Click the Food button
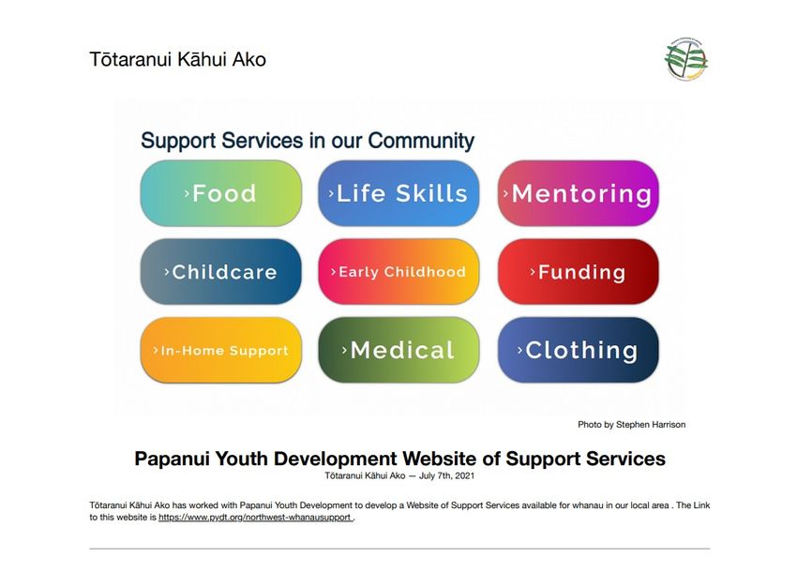(x=220, y=193)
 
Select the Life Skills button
(x=398, y=193)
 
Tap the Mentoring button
(x=578, y=193)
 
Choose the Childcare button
(x=220, y=272)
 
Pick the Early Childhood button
(x=398, y=272)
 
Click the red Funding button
(x=578, y=272)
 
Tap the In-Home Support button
(x=220, y=350)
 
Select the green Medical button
(x=398, y=350)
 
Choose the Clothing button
(x=578, y=350)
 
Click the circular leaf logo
(x=686, y=59)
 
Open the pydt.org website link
(x=255, y=518)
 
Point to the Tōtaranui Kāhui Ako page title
(x=178, y=59)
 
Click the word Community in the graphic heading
(x=421, y=141)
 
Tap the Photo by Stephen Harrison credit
(x=631, y=425)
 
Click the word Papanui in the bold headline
(x=172, y=459)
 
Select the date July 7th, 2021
(x=446, y=476)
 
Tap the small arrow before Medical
(x=344, y=350)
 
